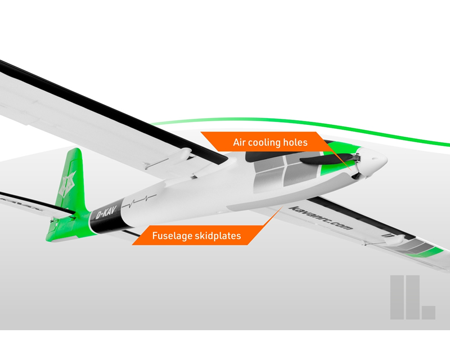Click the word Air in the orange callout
point(240,142)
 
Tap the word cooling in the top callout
point(264,143)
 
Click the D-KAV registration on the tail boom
point(106,213)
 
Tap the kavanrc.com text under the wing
point(321,218)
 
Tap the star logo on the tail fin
point(67,184)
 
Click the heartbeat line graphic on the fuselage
point(139,201)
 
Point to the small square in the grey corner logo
point(428,313)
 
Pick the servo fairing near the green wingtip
point(395,240)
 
